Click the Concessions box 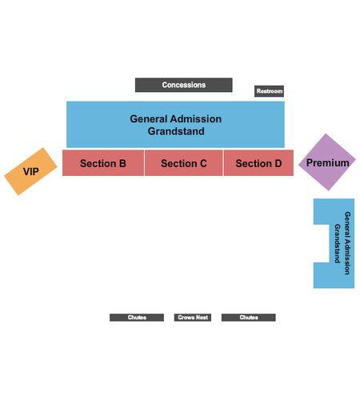184,85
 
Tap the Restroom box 269,91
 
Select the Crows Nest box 193,318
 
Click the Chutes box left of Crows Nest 137,318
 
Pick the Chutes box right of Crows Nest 249,318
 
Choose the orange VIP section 30,171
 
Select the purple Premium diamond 327,162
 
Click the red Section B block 103,163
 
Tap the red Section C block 184,163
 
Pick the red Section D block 258,163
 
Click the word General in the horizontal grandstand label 148,119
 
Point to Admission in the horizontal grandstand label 196,119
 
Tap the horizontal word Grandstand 176,131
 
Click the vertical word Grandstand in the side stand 338,243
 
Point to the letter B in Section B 122,163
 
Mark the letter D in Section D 278,163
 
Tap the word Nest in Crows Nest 202,318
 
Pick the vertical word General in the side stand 347,224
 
